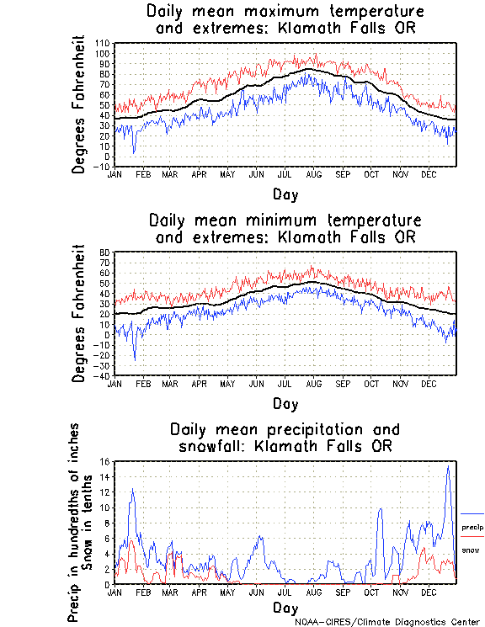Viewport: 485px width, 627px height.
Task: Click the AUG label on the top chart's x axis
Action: (x=314, y=174)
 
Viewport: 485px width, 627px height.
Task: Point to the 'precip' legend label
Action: (x=472, y=527)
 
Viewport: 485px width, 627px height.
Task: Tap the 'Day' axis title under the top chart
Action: (x=285, y=194)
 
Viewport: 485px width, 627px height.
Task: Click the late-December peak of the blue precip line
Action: (x=448, y=467)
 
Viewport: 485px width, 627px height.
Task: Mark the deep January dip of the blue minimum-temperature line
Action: (x=135, y=359)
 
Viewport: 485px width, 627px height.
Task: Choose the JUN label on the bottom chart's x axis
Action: (x=256, y=592)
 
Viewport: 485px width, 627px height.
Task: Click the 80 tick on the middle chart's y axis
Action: (x=105, y=252)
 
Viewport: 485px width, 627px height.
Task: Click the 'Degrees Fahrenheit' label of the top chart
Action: (x=80, y=104)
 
